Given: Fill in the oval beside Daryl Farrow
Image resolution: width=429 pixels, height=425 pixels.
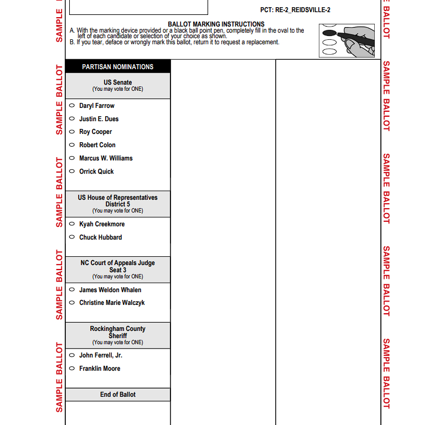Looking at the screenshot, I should coord(72,106).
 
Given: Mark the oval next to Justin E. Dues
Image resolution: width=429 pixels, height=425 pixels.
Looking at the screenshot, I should coord(72,119).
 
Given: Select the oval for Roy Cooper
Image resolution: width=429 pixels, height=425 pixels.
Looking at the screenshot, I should coord(72,132).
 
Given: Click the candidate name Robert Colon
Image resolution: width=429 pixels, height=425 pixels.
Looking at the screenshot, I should coord(97,145).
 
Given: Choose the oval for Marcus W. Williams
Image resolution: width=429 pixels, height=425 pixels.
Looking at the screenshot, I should coord(72,158).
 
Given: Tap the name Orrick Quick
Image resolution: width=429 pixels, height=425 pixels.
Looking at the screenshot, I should coord(96,172).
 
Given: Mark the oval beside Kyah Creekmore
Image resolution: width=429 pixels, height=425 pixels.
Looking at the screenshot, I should coord(72,224).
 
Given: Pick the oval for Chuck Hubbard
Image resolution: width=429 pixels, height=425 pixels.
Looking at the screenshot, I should coord(72,237).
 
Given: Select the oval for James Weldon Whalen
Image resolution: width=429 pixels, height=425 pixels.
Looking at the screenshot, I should coord(72,290).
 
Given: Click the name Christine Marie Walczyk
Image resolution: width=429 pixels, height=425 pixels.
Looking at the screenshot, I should coord(112,303).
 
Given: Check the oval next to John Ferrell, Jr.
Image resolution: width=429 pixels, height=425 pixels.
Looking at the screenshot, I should coord(72,355).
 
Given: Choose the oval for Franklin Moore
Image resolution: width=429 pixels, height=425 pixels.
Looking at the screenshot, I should coord(72,369).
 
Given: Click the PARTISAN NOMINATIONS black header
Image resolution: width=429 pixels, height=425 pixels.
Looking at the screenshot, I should coord(118,67).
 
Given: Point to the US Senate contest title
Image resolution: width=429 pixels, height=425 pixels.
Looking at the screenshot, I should coord(118,82).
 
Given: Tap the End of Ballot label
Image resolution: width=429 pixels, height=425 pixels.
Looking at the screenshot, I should coord(118,395).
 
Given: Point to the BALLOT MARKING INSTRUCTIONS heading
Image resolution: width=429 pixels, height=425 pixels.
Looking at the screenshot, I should coord(216,24).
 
